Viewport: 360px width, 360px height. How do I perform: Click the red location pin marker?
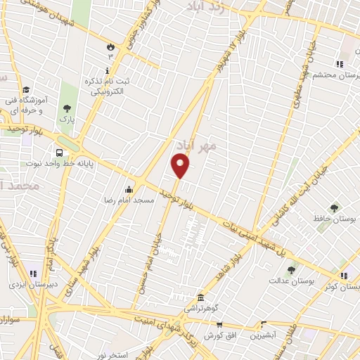181,166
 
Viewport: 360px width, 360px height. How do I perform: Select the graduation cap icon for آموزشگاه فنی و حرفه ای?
26,90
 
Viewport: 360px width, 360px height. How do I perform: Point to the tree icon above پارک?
67,108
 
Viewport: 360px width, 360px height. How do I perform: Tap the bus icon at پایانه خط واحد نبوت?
58,151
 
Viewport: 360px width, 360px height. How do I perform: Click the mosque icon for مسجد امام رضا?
128,189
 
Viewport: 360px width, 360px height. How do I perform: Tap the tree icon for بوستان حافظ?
333,207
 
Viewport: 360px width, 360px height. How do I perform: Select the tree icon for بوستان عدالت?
291,269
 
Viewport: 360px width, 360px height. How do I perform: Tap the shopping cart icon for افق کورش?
219,325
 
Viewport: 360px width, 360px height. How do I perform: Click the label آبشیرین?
269,336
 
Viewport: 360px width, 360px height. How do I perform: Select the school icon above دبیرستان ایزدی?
33,273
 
